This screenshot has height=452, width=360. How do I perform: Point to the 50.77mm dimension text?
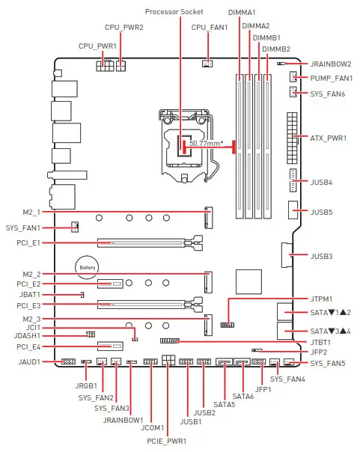[204, 142]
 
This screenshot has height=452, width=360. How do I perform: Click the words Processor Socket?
[174, 11]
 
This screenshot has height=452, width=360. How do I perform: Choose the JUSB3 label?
[321, 256]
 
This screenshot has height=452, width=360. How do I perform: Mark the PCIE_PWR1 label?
[167, 440]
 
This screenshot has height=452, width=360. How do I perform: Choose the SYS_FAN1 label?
[23, 227]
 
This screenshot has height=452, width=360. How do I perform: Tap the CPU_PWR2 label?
[125, 28]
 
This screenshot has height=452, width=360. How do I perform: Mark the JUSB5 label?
[321, 212]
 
